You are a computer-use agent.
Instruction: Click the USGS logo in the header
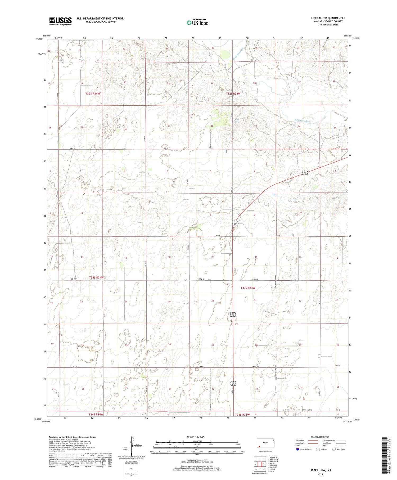[60, 21]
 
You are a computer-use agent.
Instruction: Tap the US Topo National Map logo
[197, 23]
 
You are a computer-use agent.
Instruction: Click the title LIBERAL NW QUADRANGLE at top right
[328, 18]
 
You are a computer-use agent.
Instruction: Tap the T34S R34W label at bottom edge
[94, 415]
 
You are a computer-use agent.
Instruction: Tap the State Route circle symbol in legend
[334, 449]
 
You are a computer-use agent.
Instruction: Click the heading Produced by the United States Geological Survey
[72, 437]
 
